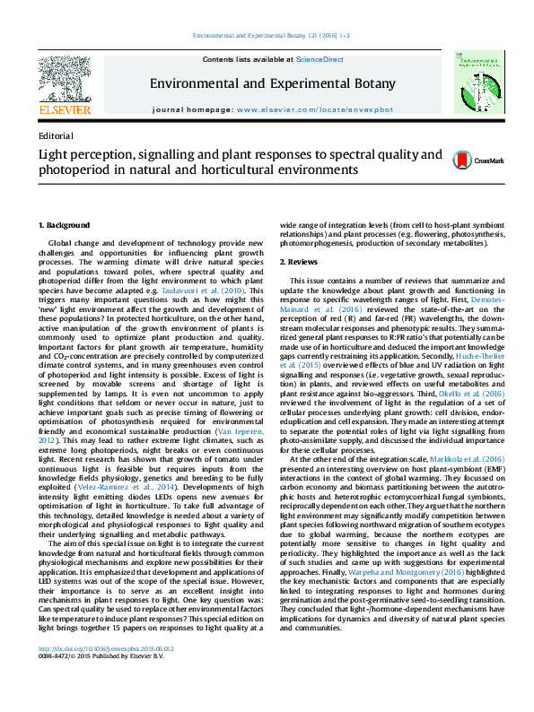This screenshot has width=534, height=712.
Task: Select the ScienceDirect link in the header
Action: [x=320, y=59]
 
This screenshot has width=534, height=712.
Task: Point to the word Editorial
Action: [x=57, y=136]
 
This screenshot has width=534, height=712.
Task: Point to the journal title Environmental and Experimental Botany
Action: [x=272, y=84]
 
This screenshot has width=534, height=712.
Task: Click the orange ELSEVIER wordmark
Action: [x=64, y=109]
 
